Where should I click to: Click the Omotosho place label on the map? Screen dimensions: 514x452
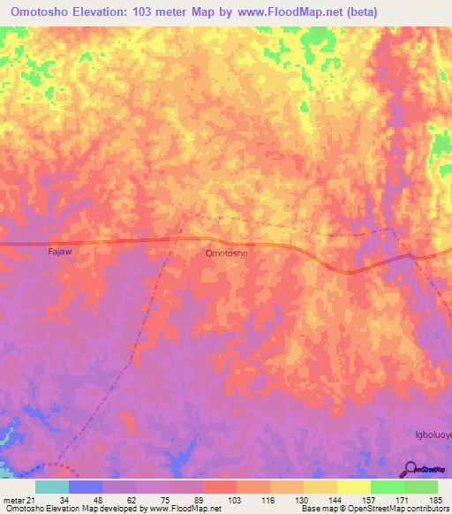pyautogui.click(x=226, y=253)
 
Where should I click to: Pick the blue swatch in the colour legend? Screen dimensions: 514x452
pyautogui.click(x=86, y=487)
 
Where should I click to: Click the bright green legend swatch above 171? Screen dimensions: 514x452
pyautogui.click(x=388, y=487)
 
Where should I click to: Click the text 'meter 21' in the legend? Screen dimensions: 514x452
pyautogui.click(x=19, y=500)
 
